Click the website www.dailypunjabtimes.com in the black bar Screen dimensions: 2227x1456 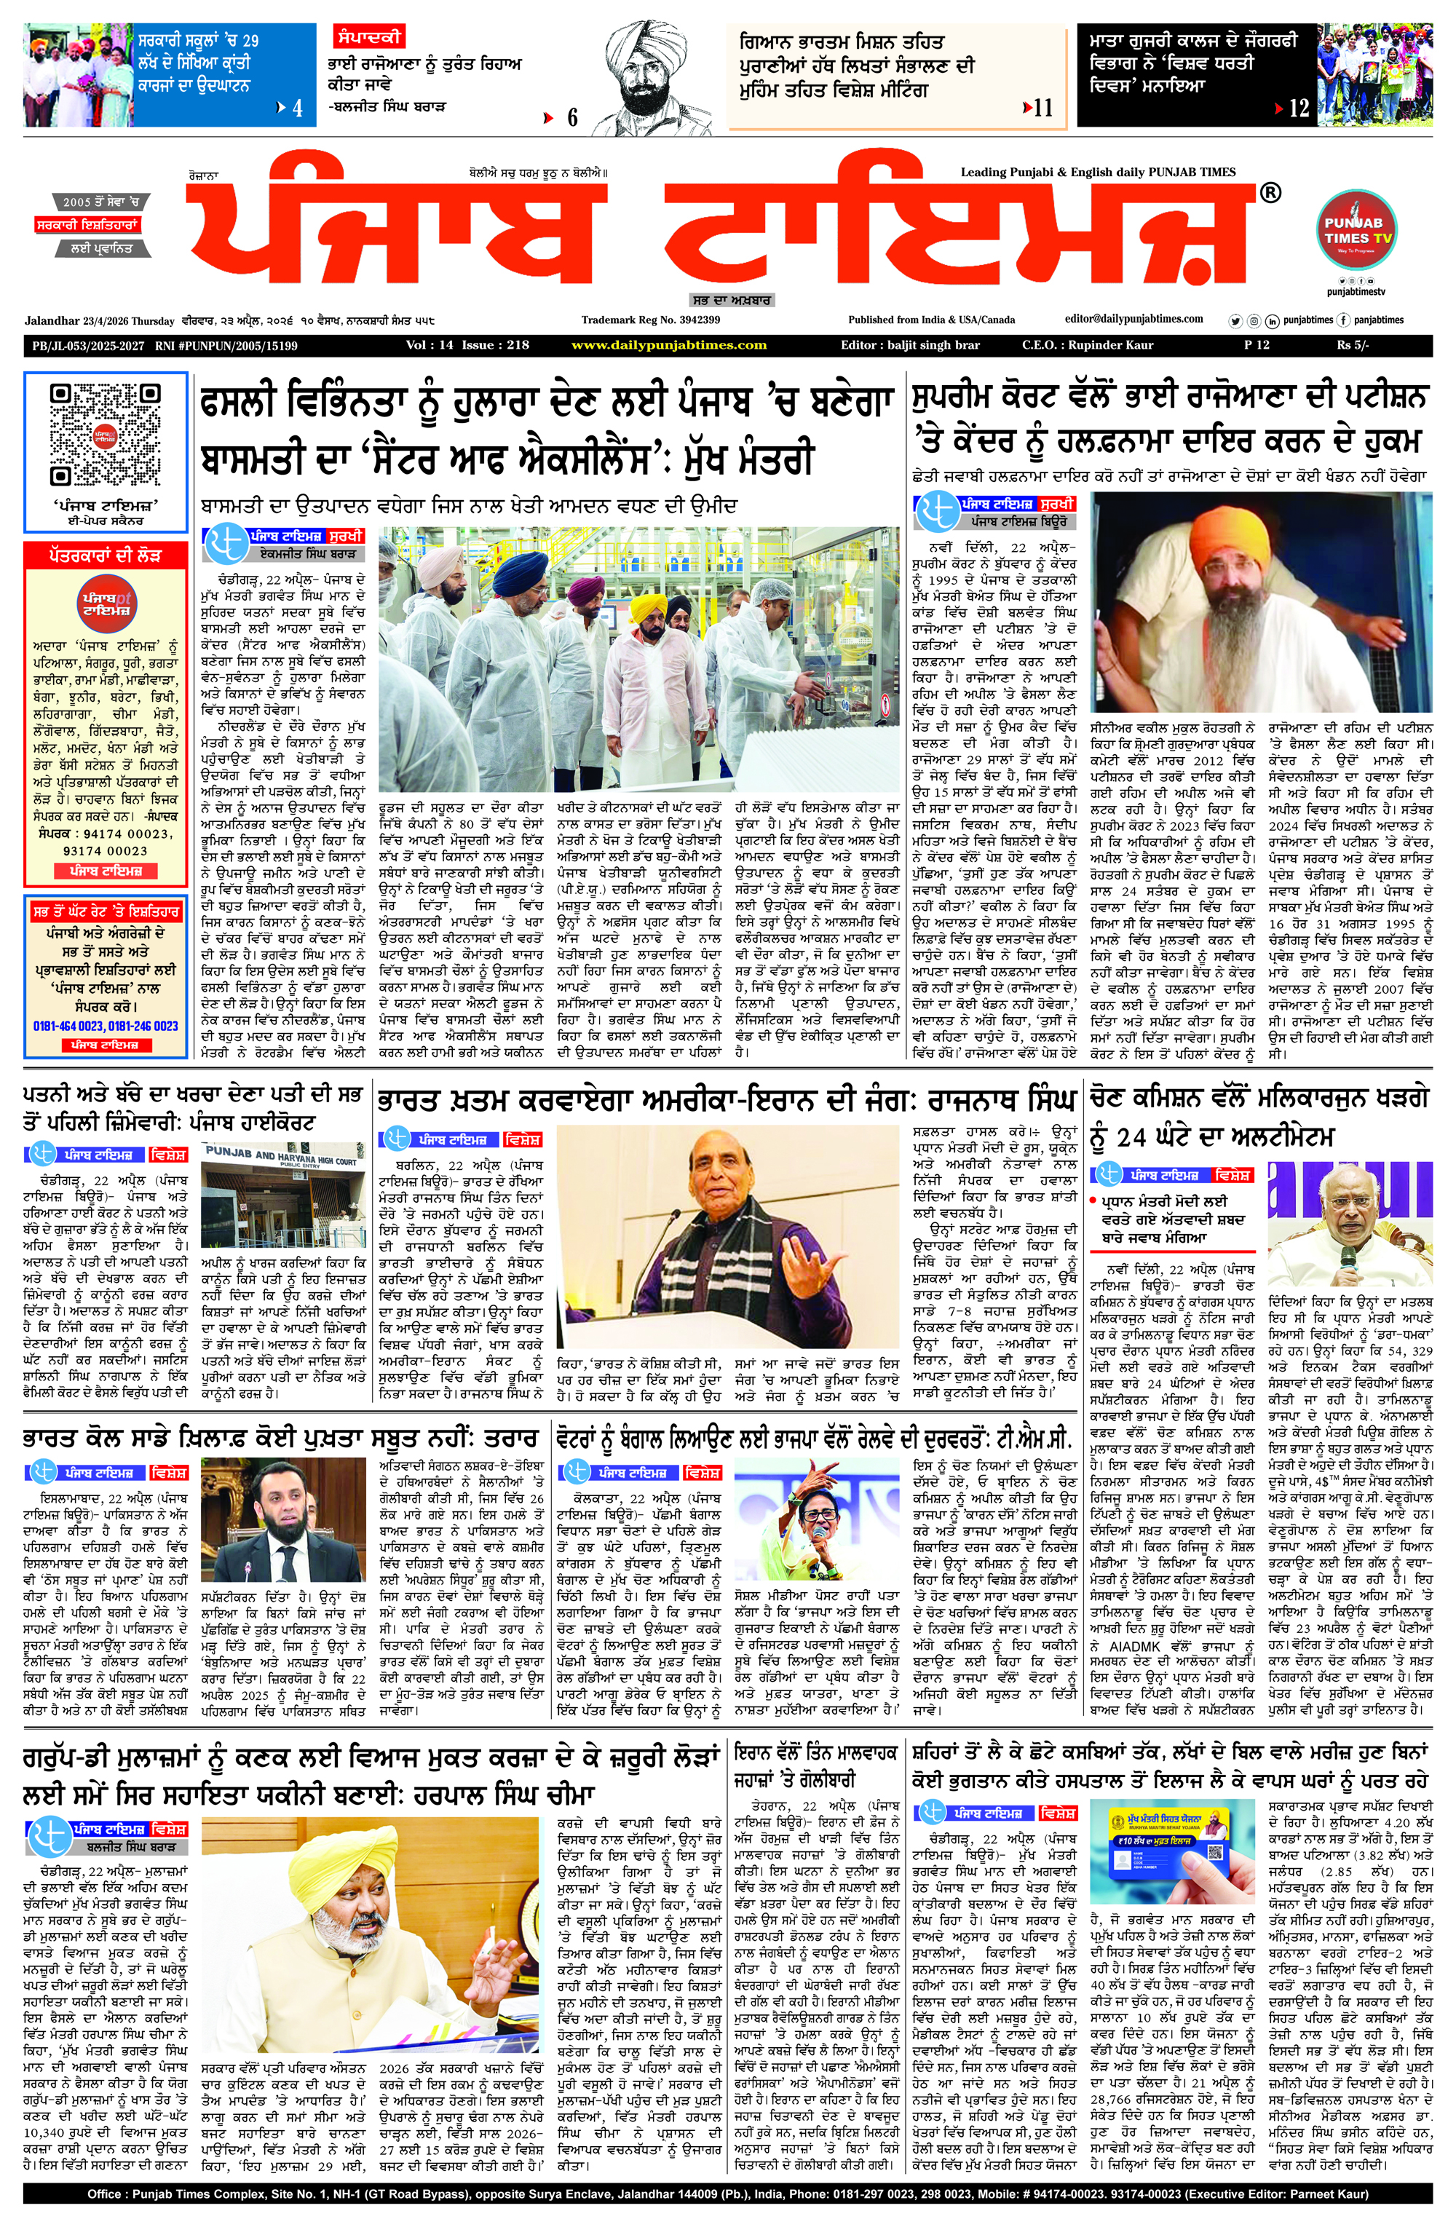pos(668,345)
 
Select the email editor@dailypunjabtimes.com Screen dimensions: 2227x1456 pos(1133,319)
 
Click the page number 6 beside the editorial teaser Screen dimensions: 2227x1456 pos(571,118)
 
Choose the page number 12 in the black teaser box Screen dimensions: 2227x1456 pos(1298,108)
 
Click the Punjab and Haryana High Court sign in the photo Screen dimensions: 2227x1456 pos(281,1158)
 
